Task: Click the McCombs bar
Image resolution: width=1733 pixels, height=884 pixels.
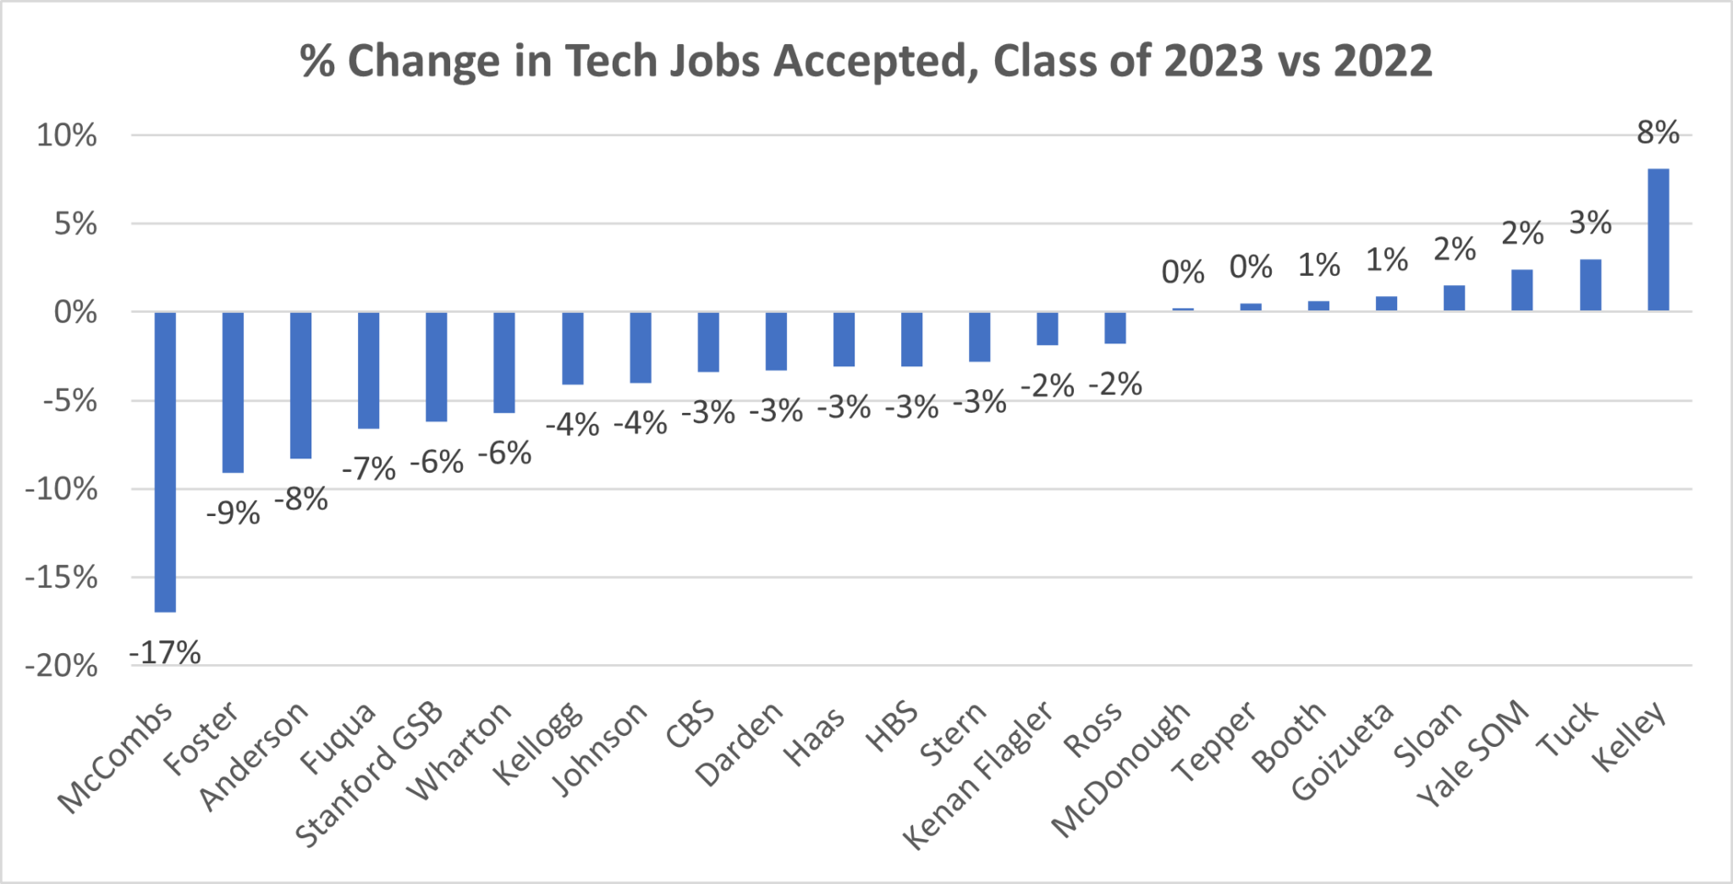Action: pyautogui.click(x=165, y=461)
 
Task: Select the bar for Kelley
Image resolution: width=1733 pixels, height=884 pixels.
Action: pyautogui.click(x=1658, y=240)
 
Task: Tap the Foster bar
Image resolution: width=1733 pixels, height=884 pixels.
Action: pyautogui.click(x=233, y=392)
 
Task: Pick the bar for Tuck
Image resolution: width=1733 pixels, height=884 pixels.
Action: pyautogui.click(x=1590, y=285)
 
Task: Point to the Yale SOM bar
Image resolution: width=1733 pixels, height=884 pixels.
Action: pyautogui.click(x=1521, y=290)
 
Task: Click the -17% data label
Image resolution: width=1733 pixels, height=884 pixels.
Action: pyautogui.click(x=165, y=653)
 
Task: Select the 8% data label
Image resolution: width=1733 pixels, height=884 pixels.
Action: pyautogui.click(x=1658, y=133)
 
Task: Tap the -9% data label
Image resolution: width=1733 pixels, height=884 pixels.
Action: pyautogui.click(x=233, y=513)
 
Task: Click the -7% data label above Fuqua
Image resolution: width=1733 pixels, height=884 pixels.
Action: pyautogui.click(x=369, y=469)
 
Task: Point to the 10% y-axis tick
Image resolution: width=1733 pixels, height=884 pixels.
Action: pyautogui.click(x=66, y=135)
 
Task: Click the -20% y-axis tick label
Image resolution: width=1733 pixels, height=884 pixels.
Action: pyautogui.click(x=61, y=667)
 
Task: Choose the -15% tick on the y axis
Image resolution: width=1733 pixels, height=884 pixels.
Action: pyautogui.click(x=61, y=579)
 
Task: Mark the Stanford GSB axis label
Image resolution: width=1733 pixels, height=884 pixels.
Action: pyautogui.click(x=371, y=774)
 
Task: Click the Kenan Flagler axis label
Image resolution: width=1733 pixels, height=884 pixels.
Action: pyautogui.click(x=978, y=774)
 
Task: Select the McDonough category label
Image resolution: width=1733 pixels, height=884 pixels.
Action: pyautogui.click(x=1121, y=769)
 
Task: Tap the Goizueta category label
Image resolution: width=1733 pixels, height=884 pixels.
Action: pyautogui.click(x=1343, y=750)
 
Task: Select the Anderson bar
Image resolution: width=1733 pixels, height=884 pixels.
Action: pyautogui.click(x=300, y=385)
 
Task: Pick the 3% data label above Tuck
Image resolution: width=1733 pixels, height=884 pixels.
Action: pyautogui.click(x=1590, y=223)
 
